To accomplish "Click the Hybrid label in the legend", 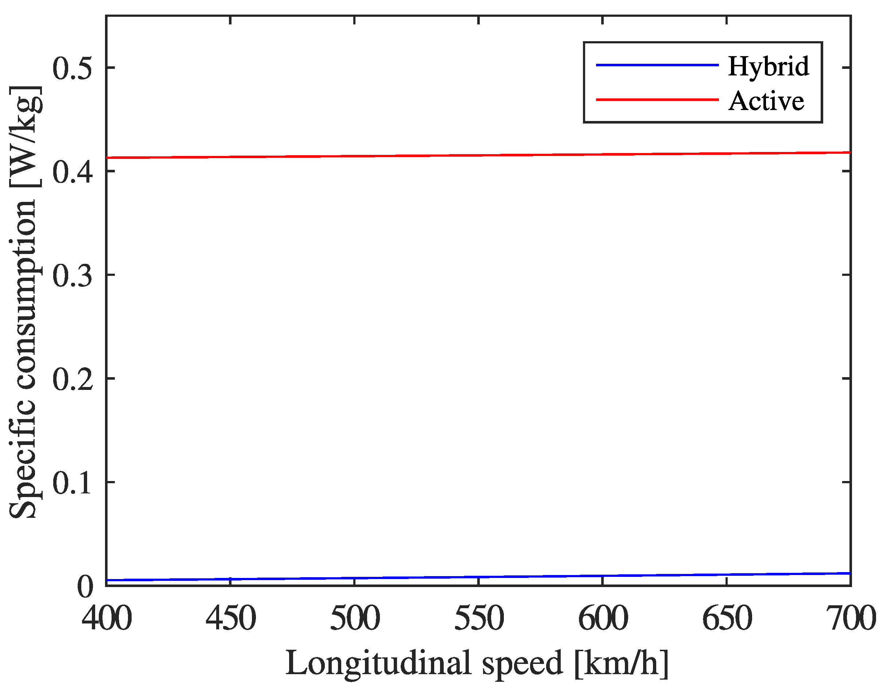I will tap(768, 66).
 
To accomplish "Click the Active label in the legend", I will tap(766, 101).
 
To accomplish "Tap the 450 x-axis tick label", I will tap(230, 618).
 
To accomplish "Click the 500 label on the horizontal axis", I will tap(355, 618).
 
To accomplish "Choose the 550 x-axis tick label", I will tap(479, 618).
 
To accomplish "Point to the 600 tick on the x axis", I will tap(603, 618).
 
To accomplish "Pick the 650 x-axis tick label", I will tap(727, 618).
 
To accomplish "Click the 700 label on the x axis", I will tap(850, 618).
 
